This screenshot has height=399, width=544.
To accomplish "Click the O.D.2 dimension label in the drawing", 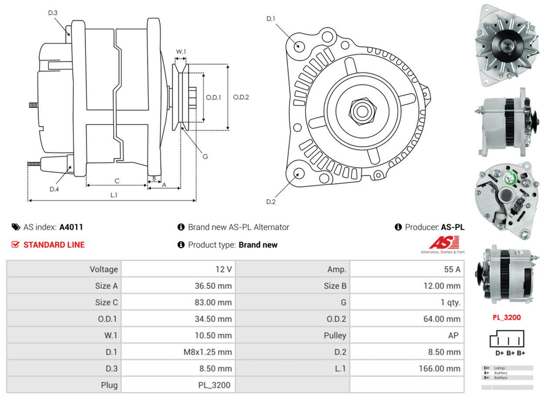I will click(241, 98).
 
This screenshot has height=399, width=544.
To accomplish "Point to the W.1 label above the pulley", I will click(181, 52).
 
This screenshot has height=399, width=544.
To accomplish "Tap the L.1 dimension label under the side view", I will click(114, 195).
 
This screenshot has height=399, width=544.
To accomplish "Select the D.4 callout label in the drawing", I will click(54, 189).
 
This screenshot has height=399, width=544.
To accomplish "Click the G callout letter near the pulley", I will click(205, 156).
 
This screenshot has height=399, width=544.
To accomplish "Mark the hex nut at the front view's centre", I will click(360, 111).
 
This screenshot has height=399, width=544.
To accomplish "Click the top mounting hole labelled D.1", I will click(299, 46).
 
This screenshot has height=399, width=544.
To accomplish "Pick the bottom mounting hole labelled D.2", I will click(299, 174).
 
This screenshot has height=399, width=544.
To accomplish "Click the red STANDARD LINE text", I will click(54, 245).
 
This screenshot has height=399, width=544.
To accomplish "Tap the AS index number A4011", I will click(71, 227).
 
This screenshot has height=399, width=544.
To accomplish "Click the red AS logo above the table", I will click(444, 243).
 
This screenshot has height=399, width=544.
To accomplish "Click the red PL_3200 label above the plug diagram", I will click(506, 317).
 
